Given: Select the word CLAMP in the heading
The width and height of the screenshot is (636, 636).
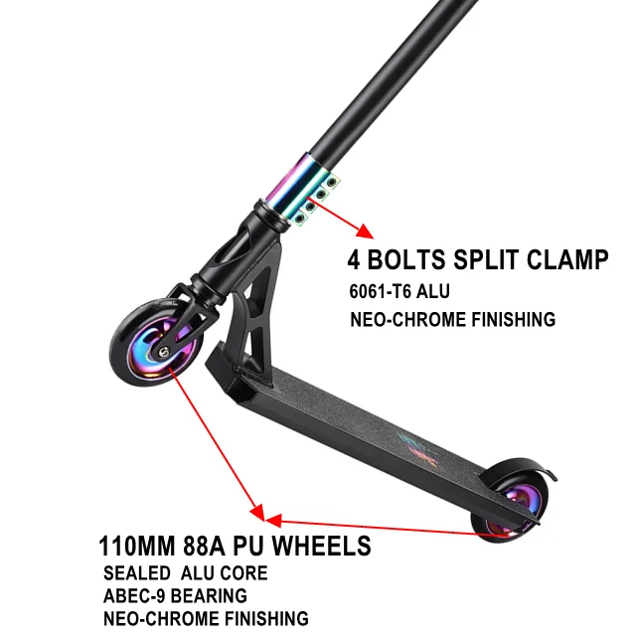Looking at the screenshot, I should [x=565, y=261].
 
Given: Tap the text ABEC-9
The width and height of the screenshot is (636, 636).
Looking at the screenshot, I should [x=135, y=596].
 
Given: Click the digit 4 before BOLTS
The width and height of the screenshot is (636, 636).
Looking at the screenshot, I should [x=354, y=261].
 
